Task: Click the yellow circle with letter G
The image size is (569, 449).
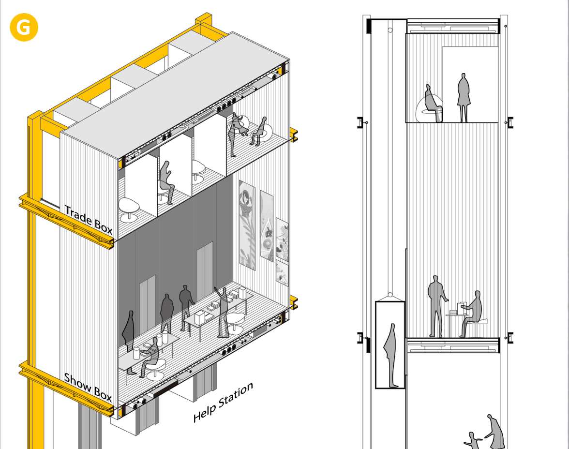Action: (24, 27)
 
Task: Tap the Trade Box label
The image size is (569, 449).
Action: (89, 220)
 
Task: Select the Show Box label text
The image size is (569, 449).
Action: (88, 387)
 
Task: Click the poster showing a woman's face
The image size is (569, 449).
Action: (247, 225)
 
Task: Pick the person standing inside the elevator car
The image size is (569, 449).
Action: (391, 356)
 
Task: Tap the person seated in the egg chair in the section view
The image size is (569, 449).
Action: (433, 104)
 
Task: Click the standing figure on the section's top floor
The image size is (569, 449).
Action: (464, 98)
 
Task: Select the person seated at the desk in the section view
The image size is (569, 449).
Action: (471, 314)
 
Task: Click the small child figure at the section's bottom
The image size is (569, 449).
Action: (473, 440)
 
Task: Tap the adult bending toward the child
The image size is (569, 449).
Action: (494, 432)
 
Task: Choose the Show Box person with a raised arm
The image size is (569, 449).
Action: (222, 312)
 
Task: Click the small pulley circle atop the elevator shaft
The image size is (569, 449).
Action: (390, 30)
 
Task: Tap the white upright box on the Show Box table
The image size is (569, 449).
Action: (199, 318)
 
